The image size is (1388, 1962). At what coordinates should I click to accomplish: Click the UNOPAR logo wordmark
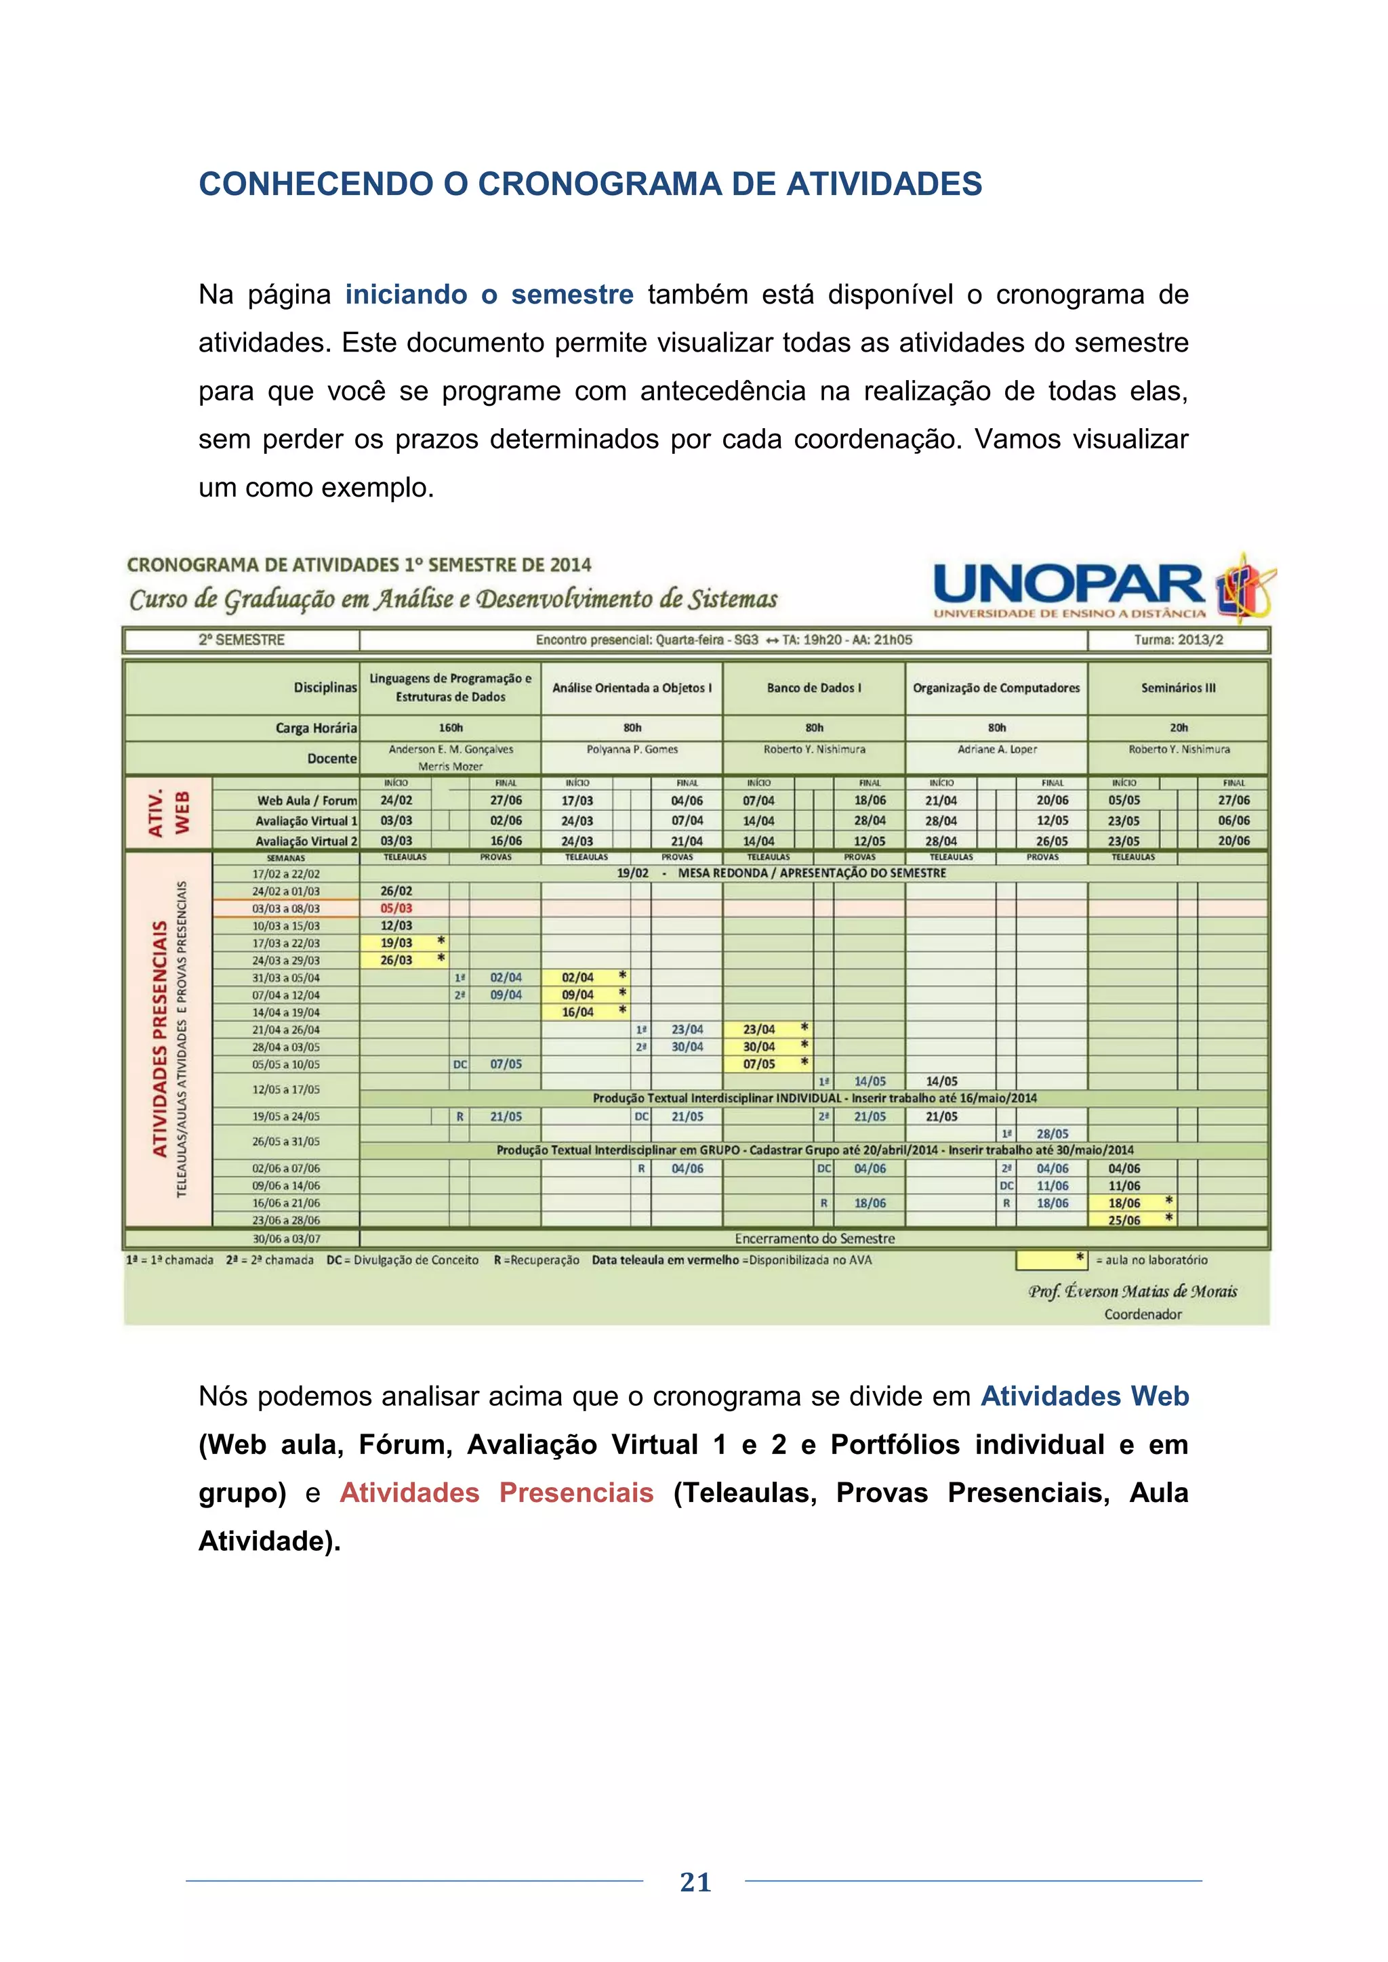[x=1068, y=585]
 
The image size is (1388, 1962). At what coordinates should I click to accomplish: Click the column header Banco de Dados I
[x=814, y=688]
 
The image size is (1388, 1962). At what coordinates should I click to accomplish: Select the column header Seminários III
[x=1178, y=688]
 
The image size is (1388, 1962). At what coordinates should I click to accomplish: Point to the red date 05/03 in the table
[x=396, y=909]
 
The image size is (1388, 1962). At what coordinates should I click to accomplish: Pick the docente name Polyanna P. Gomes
[x=632, y=749]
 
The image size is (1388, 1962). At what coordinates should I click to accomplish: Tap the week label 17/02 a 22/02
[x=285, y=874]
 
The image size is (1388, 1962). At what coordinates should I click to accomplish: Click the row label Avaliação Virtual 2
[x=306, y=841]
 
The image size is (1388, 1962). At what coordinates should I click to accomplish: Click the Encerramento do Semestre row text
[x=814, y=1238]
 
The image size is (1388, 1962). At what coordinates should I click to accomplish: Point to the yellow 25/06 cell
[x=1124, y=1220]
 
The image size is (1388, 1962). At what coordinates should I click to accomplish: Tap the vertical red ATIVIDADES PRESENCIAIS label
[x=160, y=1039]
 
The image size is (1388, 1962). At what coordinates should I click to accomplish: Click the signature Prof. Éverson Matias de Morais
[x=1132, y=1291]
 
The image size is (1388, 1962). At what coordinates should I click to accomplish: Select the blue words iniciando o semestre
[x=489, y=295]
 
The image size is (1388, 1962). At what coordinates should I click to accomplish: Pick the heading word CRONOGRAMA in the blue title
[x=599, y=184]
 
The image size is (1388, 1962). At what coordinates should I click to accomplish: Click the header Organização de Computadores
[x=996, y=688]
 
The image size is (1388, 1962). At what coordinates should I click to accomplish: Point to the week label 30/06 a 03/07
[x=285, y=1239]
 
